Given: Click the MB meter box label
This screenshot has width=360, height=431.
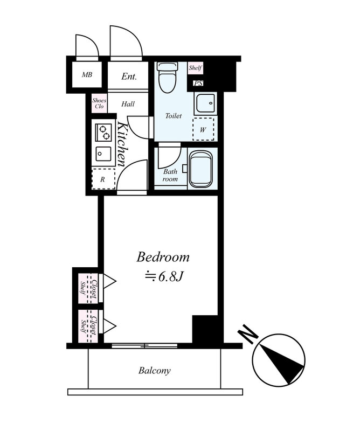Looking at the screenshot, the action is point(87,74).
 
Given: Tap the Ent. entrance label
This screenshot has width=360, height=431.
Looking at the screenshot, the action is point(129,76).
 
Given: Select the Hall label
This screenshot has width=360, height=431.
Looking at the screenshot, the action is point(128,104).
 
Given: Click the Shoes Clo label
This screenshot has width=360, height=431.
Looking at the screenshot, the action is point(99,103).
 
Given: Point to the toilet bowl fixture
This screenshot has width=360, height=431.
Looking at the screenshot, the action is point(167,78).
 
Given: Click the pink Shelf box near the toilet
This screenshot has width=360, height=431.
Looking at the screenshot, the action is point(195,68).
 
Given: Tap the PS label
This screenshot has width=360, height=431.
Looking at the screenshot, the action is point(198,83).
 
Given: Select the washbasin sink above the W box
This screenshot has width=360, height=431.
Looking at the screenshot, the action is point(205,103).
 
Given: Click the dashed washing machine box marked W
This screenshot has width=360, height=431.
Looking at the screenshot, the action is point(203,129).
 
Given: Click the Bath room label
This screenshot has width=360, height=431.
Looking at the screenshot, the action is point(170,176).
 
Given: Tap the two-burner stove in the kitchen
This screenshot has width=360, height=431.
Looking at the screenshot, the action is point(103,132).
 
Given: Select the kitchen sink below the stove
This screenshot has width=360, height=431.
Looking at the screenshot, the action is point(103,154).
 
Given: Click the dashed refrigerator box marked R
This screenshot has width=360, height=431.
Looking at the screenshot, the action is point(103,179).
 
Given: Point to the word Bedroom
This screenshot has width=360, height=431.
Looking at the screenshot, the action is point(163,258).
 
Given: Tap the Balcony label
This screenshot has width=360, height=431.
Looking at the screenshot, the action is point(154,371).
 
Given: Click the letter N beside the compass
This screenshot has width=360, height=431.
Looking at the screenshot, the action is point(248,333).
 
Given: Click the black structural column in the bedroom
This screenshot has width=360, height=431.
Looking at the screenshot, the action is point(205,329).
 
